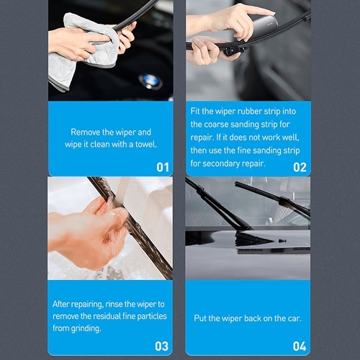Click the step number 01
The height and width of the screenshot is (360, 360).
point(163,167)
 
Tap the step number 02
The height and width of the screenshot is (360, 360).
point(300,167)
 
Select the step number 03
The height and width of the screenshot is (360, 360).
point(161,346)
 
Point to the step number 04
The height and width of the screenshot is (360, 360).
point(300,346)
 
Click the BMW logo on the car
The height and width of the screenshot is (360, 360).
point(150,81)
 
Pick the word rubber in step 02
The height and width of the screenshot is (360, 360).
point(250,112)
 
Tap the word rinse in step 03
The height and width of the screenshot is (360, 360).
point(114,305)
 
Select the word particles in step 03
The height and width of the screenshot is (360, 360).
point(152,316)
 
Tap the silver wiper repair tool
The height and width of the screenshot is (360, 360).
point(258,29)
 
